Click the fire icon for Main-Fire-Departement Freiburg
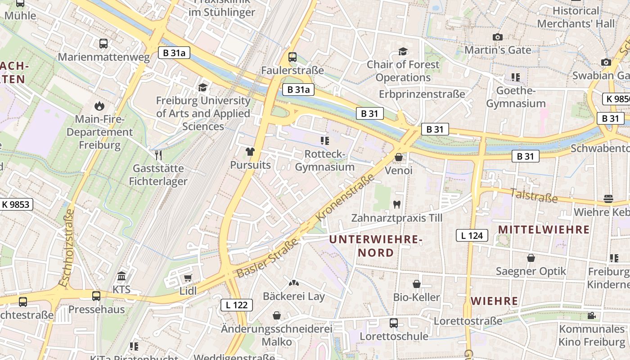pyautogui.click(x=99, y=106)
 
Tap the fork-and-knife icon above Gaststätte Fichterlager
pyautogui.click(x=158, y=155)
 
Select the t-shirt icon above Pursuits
pyautogui.click(x=251, y=152)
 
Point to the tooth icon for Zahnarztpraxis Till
pyautogui.click(x=396, y=204)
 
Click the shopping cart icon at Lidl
pyautogui.click(x=188, y=278)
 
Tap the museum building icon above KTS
pyautogui.click(x=121, y=276)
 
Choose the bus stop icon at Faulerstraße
pyautogui.click(x=292, y=57)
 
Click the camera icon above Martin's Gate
pyautogui.click(x=498, y=37)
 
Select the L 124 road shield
pyautogui.click(x=472, y=235)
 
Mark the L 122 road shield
pyautogui.click(x=237, y=305)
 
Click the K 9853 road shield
pyautogui.click(x=15, y=204)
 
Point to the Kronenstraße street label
pyautogui.click(x=345, y=198)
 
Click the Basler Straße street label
pyautogui.click(x=267, y=258)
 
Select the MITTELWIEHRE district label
pyautogui.click(x=544, y=229)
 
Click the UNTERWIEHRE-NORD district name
pyautogui.click(x=376, y=246)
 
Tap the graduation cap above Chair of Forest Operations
pyautogui.click(x=403, y=51)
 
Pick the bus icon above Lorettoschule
pyautogui.click(x=394, y=323)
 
